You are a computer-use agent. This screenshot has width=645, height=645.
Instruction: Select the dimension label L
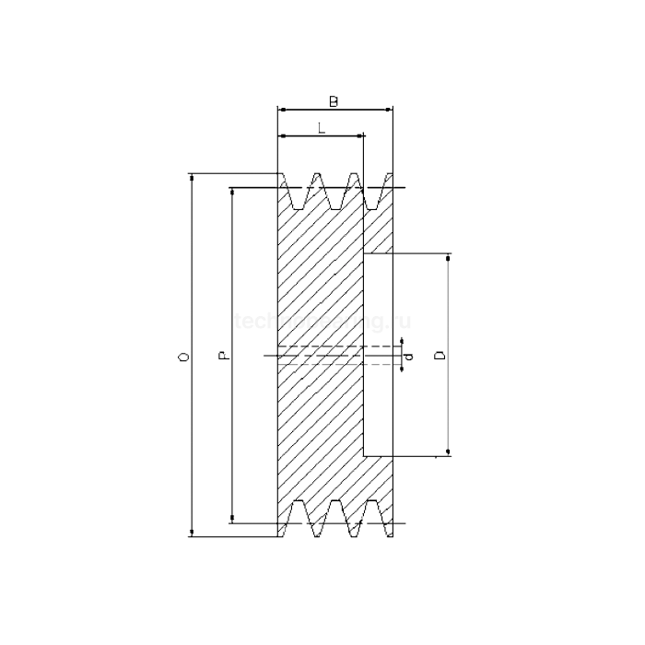[321, 128]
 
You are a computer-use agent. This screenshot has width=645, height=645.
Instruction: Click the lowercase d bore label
[411, 355]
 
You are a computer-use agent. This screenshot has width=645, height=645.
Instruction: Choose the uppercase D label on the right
[440, 355]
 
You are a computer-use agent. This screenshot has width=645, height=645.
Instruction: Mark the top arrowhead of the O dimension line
[192, 177]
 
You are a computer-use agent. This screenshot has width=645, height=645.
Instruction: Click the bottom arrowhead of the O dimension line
[192, 532]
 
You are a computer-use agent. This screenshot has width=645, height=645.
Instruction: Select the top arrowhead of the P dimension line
[232, 193]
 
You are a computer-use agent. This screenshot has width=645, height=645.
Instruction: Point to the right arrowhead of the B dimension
[390, 109]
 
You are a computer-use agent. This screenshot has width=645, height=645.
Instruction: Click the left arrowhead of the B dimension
[280, 109]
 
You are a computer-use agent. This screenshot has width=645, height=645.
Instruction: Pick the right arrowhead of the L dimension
[360, 136]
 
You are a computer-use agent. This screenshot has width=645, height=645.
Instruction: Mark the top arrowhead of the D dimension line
[449, 260]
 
